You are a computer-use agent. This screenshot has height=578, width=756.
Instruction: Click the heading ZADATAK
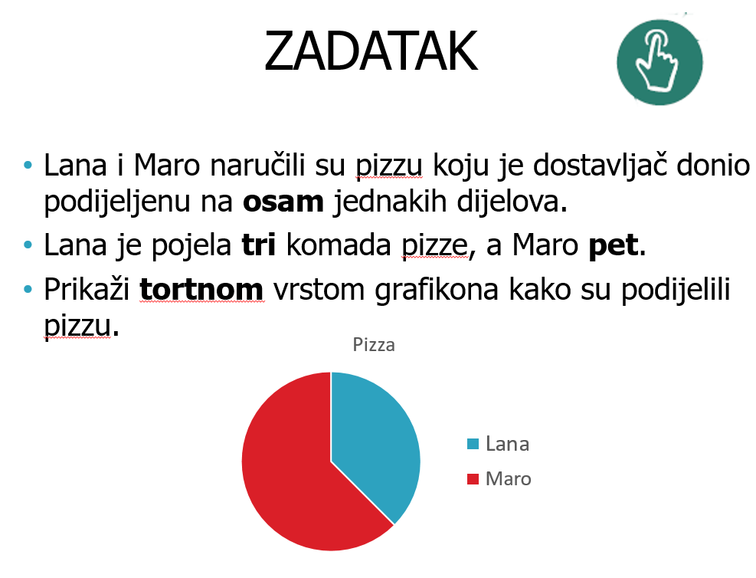[371, 51]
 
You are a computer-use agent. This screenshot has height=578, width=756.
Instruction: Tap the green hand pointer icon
[659, 62]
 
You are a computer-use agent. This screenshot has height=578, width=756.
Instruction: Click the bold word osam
[283, 202]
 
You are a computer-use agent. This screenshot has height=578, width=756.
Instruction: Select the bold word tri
[259, 245]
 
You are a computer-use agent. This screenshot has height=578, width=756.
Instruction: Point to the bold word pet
[614, 245]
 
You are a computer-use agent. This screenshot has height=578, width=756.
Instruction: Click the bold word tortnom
[201, 290]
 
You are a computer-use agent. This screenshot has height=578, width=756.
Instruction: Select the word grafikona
[437, 290]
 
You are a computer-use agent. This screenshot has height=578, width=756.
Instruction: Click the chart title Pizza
[374, 345]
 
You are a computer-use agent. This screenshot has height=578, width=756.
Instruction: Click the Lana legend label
[507, 444]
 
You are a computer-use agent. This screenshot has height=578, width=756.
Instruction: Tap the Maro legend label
[508, 479]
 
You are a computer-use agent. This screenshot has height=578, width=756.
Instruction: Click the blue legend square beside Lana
[473, 444]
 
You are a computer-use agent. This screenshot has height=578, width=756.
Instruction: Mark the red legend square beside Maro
[473, 479]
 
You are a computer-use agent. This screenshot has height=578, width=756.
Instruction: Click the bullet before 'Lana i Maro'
[28, 166]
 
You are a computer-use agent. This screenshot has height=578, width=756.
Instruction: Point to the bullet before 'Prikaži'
[28, 290]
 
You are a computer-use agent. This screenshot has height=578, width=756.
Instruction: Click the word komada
[339, 245]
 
